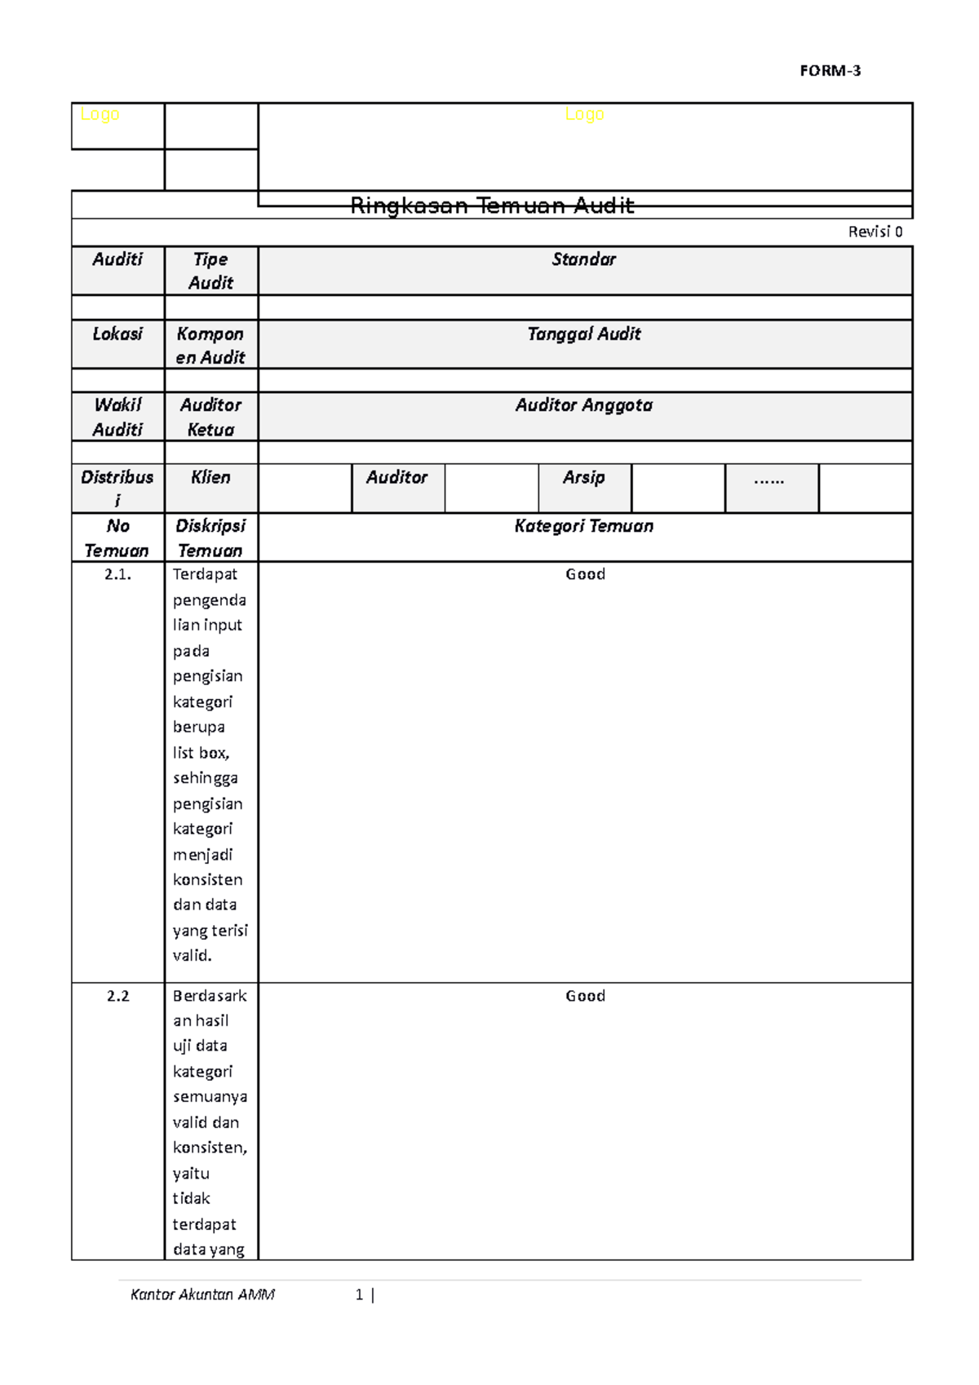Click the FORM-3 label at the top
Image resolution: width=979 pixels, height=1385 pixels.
pyautogui.click(x=830, y=71)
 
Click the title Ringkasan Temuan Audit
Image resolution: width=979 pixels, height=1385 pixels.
pyautogui.click(x=492, y=206)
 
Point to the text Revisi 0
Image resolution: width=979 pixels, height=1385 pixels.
pyautogui.click(x=875, y=232)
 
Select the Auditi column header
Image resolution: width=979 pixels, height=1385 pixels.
pyautogui.click(x=117, y=259)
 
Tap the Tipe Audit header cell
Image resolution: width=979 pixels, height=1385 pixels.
pyautogui.click(x=210, y=271)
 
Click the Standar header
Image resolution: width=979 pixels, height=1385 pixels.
pyautogui.click(x=584, y=259)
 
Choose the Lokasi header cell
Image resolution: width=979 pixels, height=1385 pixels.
pyautogui.click(x=117, y=334)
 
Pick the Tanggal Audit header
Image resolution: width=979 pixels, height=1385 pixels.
pyautogui.click(x=584, y=334)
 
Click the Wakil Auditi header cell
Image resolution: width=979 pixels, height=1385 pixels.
pyautogui.click(x=117, y=417)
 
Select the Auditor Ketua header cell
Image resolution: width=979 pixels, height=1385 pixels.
pyautogui.click(x=210, y=417)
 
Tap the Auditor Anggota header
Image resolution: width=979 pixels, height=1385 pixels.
pyautogui.click(x=584, y=405)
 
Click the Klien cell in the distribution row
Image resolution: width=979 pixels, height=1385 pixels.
pyautogui.click(x=210, y=477)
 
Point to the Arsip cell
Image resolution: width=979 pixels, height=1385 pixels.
pyautogui.click(x=584, y=477)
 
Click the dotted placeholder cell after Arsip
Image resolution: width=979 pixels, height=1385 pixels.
pyautogui.click(x=769, y=479)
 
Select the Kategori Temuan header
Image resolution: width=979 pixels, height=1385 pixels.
pyautogui.click(x=584, y=526)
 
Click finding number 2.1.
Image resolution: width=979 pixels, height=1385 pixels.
pyautogui.click(x=117, y=574)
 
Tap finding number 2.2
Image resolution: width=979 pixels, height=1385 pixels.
pyautogui.click(x=117, y=996)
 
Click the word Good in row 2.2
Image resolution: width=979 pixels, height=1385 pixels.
pyautogui.click(x=585, y=996)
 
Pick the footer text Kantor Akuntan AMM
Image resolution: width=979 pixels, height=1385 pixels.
pyautogui.click(x=202, y=1294)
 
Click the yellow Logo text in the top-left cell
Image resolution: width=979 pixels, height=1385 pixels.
pyautogui.click(x=100, y=115)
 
